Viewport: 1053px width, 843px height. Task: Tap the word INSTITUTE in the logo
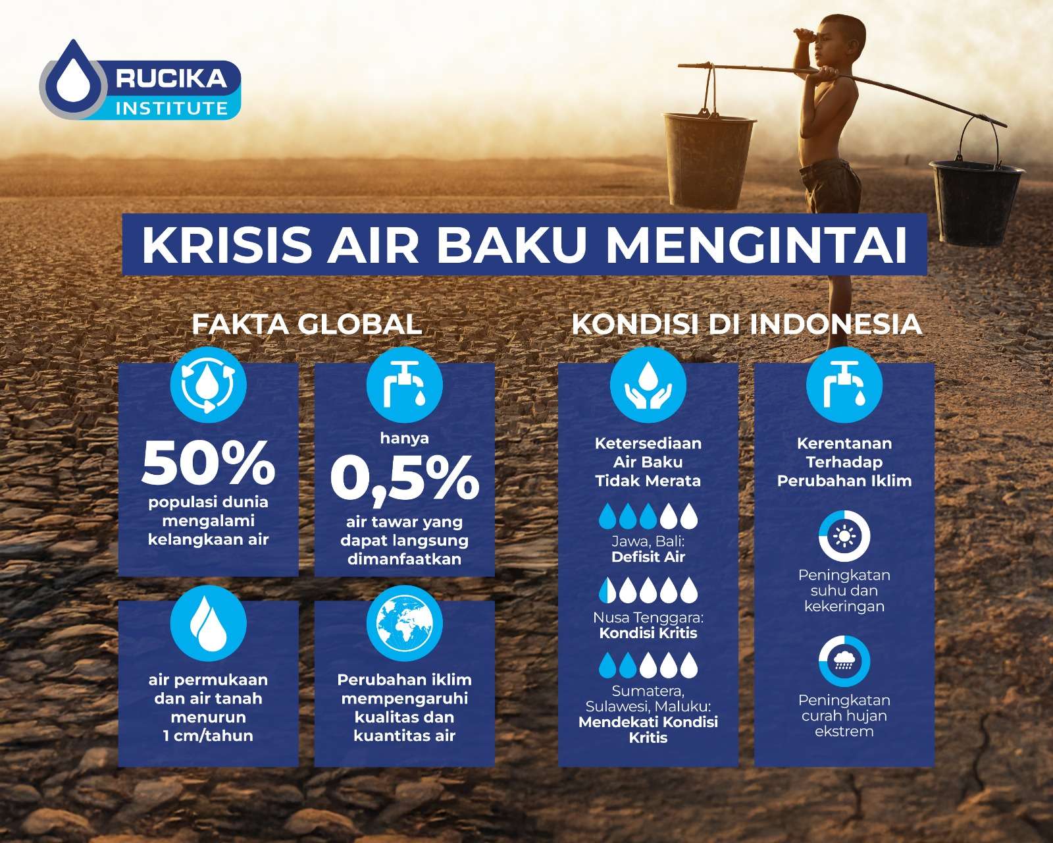point(172,108)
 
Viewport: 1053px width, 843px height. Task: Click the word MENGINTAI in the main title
point(756,244)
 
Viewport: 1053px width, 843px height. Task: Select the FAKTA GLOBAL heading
point(307,324)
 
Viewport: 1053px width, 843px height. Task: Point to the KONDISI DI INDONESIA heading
point(747,324)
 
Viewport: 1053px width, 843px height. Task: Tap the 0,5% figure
point(405,478)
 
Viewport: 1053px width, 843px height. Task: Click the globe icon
point(405,623)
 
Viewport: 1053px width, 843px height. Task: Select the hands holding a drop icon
point(648,385)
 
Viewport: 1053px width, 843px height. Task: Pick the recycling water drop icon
point(209,385)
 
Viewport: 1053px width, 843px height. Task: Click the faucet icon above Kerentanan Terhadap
point(844,385)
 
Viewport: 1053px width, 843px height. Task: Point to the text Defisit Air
point(648,557)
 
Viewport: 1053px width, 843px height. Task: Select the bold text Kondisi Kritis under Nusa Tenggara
point(648,634)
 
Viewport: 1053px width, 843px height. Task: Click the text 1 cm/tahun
point(209,736)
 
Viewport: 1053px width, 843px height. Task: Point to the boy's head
point(840,37)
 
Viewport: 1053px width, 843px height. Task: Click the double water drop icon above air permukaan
point(209,623)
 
